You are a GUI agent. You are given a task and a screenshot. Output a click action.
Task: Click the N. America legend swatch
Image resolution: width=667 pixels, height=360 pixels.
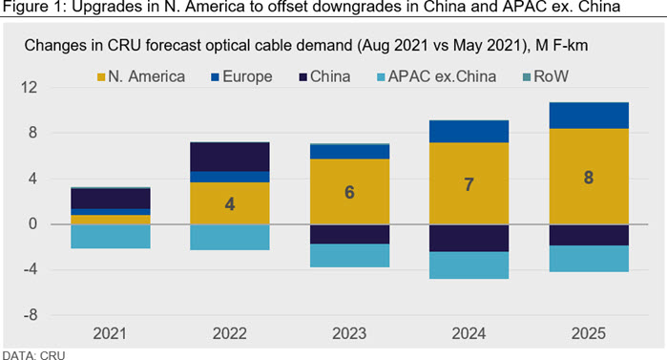101,77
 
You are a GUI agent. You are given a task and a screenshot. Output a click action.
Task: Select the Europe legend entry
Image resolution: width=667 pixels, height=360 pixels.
241,76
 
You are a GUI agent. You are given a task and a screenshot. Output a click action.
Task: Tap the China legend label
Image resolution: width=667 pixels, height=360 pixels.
330,76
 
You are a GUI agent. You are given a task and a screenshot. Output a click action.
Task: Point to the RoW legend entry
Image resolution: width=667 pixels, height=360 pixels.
546,76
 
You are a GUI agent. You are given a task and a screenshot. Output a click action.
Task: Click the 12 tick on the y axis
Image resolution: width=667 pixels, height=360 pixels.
29,88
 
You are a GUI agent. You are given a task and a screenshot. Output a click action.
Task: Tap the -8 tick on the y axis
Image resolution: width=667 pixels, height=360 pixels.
31,315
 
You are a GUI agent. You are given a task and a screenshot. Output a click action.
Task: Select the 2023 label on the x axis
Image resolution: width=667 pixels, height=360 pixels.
349,333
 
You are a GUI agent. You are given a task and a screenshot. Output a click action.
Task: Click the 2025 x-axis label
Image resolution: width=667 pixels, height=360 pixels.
589,333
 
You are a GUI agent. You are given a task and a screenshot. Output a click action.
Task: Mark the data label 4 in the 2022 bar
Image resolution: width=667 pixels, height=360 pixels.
230,204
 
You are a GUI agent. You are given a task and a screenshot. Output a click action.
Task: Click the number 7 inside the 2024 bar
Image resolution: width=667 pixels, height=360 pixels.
469,184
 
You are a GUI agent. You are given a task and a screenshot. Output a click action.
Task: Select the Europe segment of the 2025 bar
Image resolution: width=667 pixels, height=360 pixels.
589,116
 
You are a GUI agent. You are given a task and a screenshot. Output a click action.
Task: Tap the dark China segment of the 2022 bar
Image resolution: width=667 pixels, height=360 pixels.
230,157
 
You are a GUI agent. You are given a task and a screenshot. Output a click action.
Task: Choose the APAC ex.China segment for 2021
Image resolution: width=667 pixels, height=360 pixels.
111,236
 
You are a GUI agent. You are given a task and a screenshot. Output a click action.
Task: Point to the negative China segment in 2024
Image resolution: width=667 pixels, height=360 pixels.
469,239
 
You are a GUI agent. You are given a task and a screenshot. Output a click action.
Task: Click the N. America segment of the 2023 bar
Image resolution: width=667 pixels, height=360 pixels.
349,192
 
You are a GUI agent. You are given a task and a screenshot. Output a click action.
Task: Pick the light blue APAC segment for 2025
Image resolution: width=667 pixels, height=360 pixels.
589,258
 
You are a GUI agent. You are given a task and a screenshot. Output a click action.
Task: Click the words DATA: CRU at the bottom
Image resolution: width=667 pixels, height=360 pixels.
34,355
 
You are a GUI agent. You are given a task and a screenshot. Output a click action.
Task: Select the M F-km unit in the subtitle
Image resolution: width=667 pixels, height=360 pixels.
561,45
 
